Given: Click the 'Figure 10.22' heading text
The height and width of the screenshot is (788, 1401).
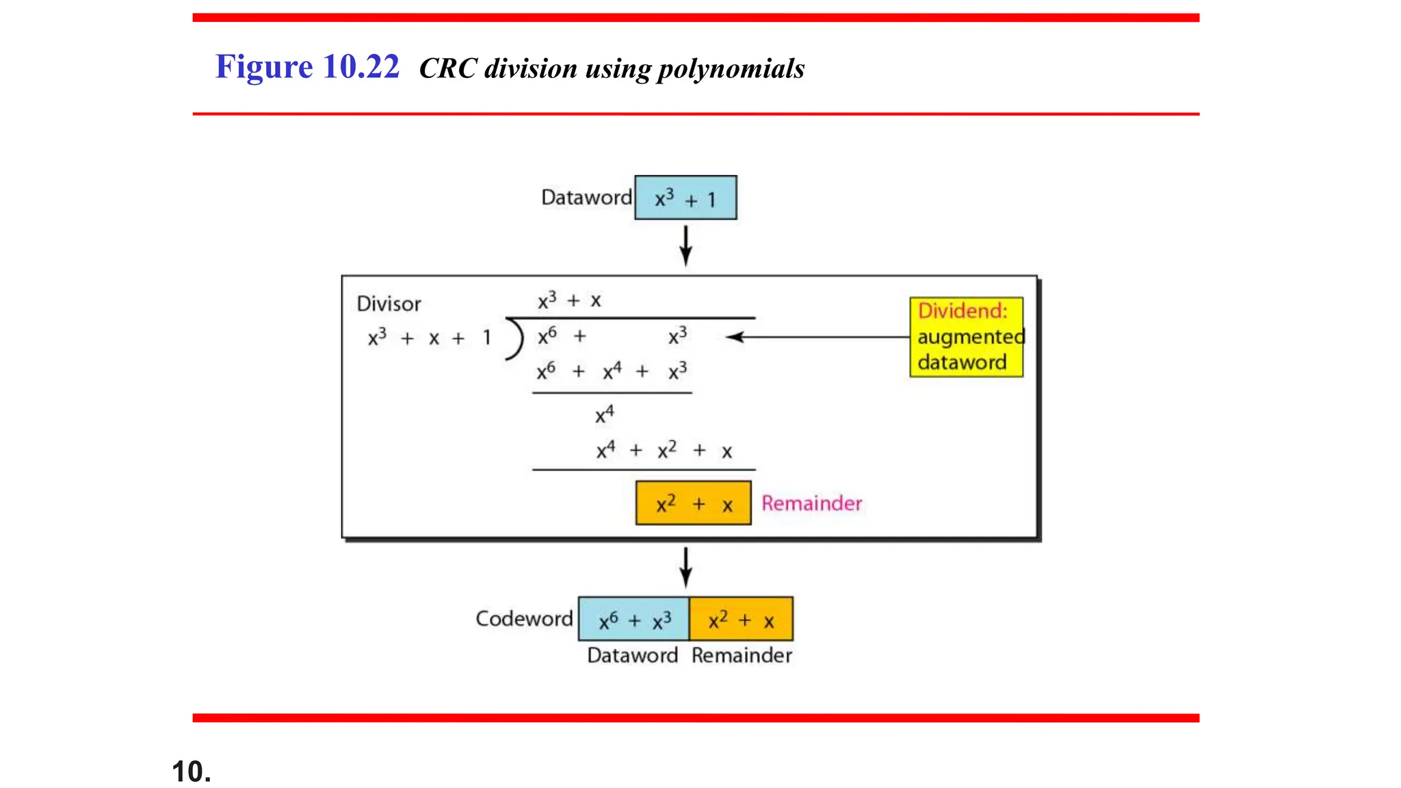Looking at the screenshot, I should [x=306, y=67].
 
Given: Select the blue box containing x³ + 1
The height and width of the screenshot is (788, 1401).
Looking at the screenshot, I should [x=685, y=198].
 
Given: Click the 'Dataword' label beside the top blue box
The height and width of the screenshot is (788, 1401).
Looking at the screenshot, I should [x=586, y=198].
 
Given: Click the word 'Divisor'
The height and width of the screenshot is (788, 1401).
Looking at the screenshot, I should [x=389, y=304].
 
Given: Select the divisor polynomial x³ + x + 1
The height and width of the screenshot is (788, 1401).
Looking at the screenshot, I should [x=430, y=338].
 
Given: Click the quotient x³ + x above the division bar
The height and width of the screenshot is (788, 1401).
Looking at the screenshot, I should [x=569, y=300].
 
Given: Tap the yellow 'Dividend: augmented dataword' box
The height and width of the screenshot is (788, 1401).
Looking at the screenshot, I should [x=966, y=337].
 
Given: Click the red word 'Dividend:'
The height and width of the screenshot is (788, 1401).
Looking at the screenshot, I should [x=962, y=311].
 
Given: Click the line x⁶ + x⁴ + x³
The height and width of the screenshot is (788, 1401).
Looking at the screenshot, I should [x=611, y=371].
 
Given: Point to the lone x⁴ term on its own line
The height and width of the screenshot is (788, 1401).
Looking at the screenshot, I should [x=604, y=415].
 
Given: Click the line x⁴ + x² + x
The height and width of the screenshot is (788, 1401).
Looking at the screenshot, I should [x=664, y=451].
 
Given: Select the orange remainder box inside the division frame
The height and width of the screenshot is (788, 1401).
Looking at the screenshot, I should [x=693, y=503].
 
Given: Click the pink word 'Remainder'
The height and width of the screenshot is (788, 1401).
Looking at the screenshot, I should [x=811, y=503].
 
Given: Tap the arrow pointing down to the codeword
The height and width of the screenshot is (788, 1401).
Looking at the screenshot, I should [x=685, y=567].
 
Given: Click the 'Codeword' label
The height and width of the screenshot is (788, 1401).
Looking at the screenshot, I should [x=524, y=618].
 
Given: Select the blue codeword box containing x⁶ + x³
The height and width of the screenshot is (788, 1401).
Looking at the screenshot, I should [x=633, y=619].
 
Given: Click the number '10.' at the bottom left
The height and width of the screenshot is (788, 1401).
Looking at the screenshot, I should [x=192, y=772].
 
